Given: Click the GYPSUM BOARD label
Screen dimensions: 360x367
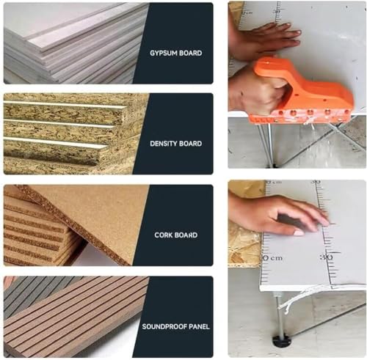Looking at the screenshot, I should (x=175, y=53).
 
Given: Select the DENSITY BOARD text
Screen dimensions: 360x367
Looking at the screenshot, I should (x=175, y=144).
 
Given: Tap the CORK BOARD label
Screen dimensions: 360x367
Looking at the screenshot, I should (x=175, y=235).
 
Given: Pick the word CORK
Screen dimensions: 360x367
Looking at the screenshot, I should (x=164, y=235).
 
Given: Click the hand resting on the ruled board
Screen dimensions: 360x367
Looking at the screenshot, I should (x=275, y=214).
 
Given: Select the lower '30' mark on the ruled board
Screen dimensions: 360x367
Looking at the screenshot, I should (x=325, y=257).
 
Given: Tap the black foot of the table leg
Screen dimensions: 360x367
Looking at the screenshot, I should (x=280, y=342).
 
